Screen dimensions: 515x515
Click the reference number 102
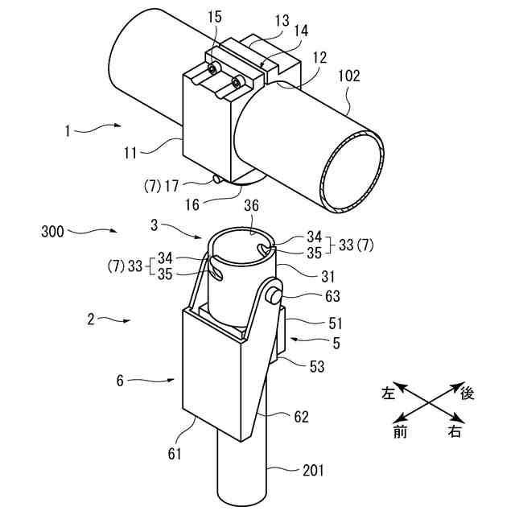coord(349,77)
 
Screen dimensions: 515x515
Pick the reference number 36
coord(251,206)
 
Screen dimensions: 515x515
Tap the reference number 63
coord(312,296)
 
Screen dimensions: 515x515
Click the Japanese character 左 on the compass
coord(389,393)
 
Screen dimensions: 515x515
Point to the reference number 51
coord(312,323)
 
